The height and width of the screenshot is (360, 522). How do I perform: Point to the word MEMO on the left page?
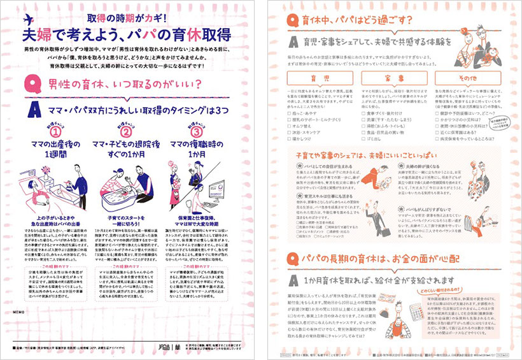[x=18, y=313]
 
